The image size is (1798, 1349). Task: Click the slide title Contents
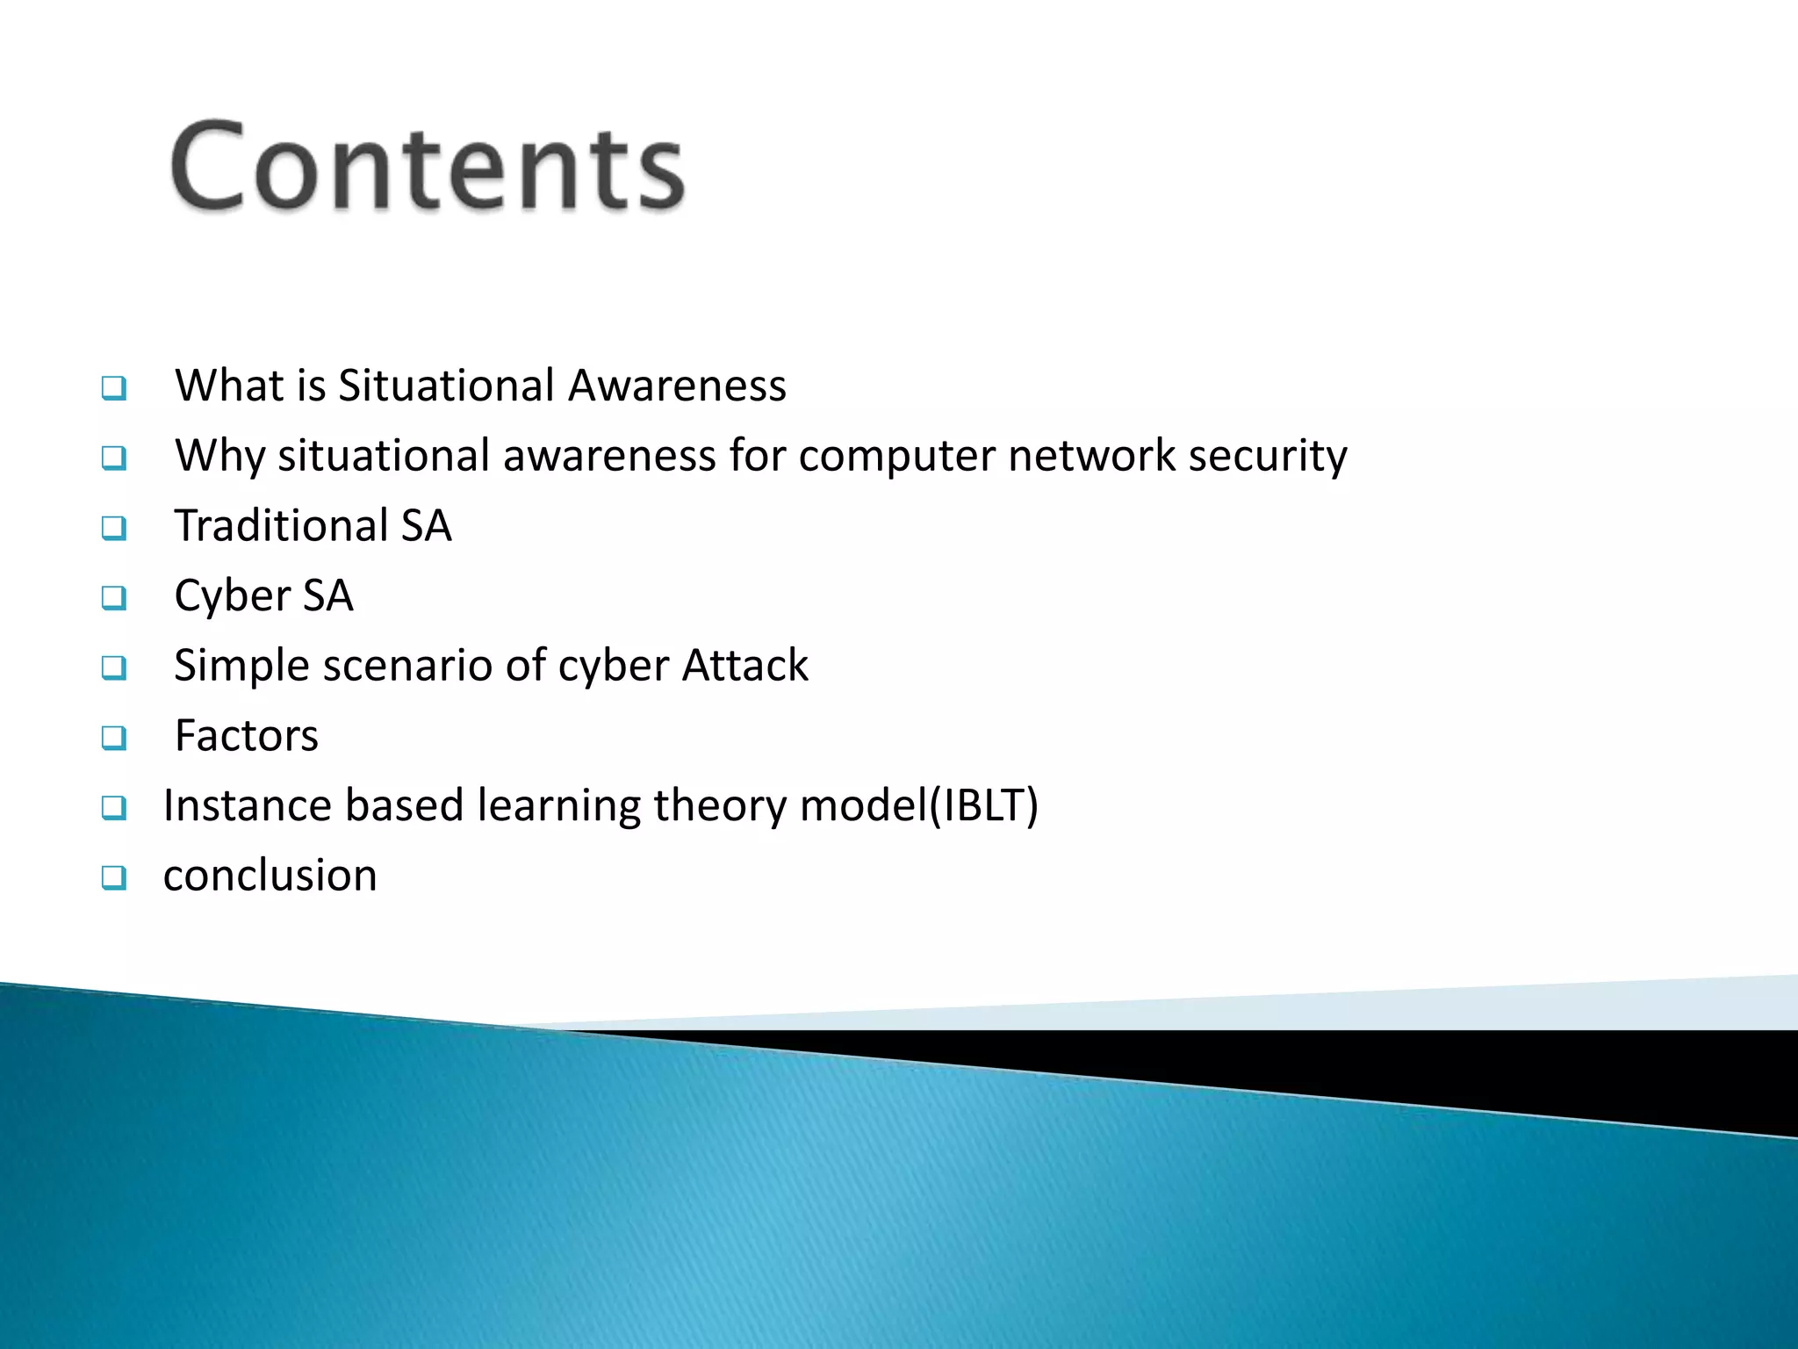pos(428,167)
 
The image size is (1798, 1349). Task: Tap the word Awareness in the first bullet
pos(677,386)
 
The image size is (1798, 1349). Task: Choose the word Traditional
pos(281,526)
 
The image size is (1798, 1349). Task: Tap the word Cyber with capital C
pos(232,596)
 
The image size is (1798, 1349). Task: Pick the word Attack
pos(744,666)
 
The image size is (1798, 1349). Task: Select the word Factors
pos(246,736)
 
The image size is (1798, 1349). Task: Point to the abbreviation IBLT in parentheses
pos(985,805)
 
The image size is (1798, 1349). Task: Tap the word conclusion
pos(270,876)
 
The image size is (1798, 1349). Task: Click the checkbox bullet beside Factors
pos(113,738)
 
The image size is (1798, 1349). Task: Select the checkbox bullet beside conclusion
pos(113,877)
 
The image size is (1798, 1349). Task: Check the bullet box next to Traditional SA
pos(113,528)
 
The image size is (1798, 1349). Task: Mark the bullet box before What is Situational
pos(113,387)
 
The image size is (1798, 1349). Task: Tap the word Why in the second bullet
pos(219,456)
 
